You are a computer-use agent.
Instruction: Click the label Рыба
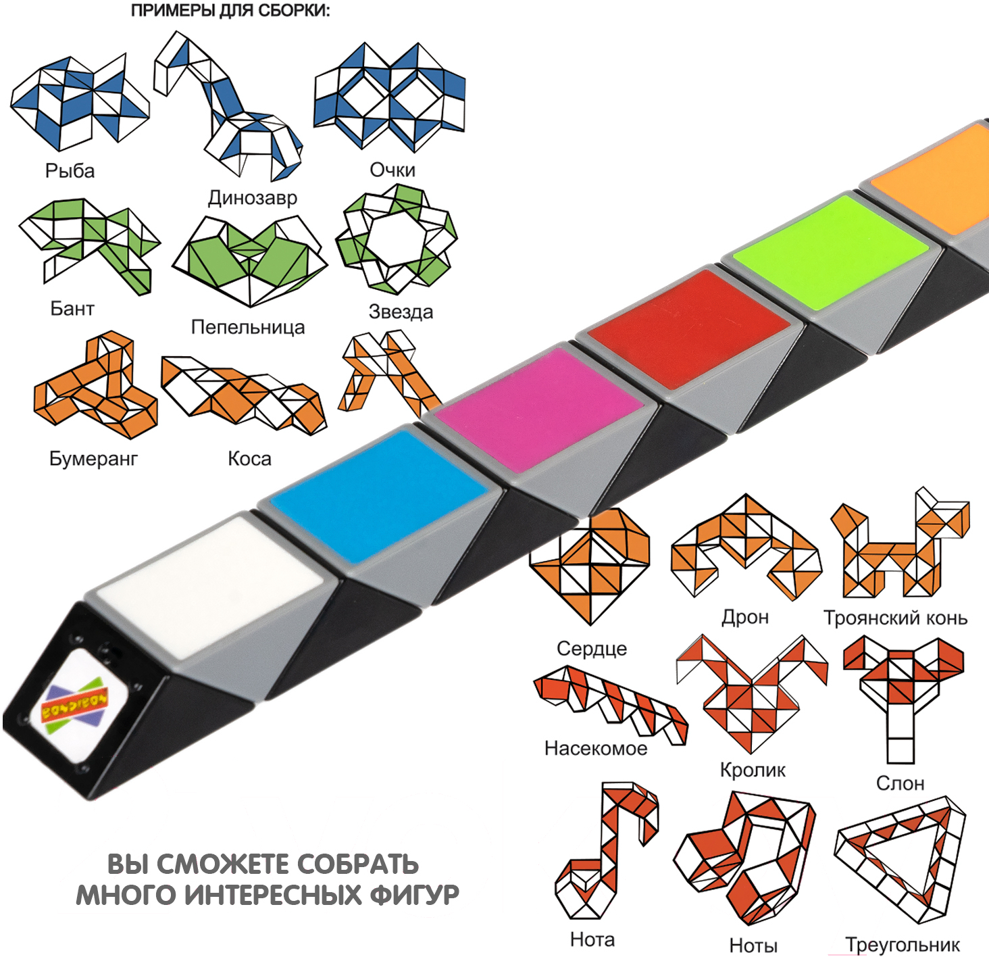pyautogui.click(x=70, y=170)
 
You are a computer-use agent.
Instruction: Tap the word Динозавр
pyautogui.click(x=252, y=197)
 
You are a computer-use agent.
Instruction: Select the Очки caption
pyautogui.click(x=392, y=170)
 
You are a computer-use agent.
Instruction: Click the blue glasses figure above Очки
pyautogui.click(x=390, y=97)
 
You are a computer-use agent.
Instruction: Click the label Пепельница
pyautogui.click(x=248, y=327)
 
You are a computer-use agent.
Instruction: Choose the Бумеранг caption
pyautogui.click(x=93, y=458)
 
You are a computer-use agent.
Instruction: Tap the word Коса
pyautogui.click(x=249, y=459)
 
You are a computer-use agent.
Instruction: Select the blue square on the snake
pyautogui.click(x=378, y=495)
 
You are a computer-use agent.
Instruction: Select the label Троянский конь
pyautogui.click(x=895, y=618)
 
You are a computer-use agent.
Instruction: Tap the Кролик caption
pyautogui.click(x=753, y=770)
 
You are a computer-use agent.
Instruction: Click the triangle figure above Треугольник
pyautogui.click(x=900, y=858)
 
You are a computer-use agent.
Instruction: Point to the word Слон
pyautogui.click(x=900, y=783)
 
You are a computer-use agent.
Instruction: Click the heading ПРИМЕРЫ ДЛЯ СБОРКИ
pyautogui.click(x=230, y=11)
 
